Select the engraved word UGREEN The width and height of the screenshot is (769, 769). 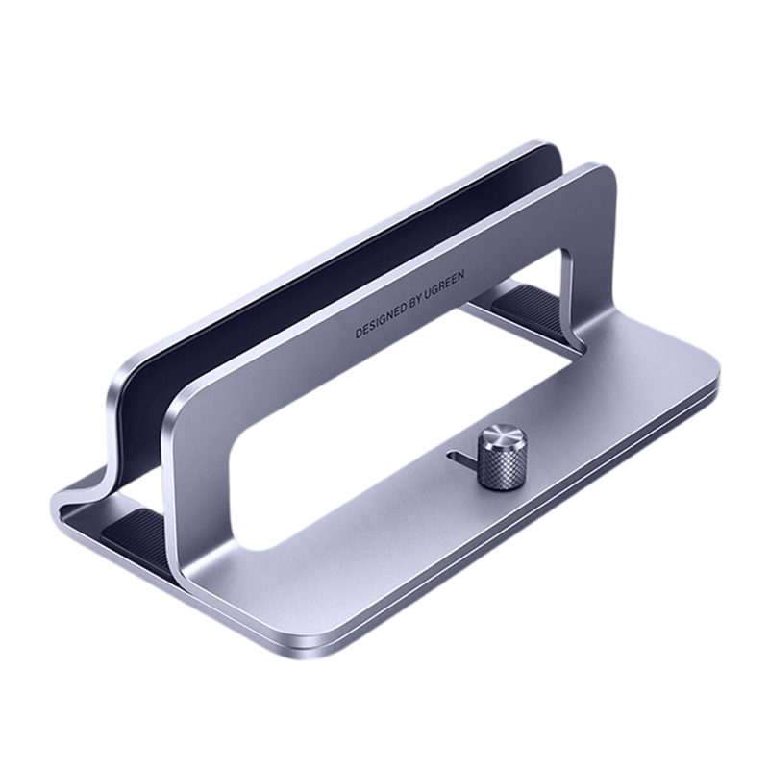click(443, 285)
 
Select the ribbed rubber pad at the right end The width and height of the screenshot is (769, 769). click(529, 302)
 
